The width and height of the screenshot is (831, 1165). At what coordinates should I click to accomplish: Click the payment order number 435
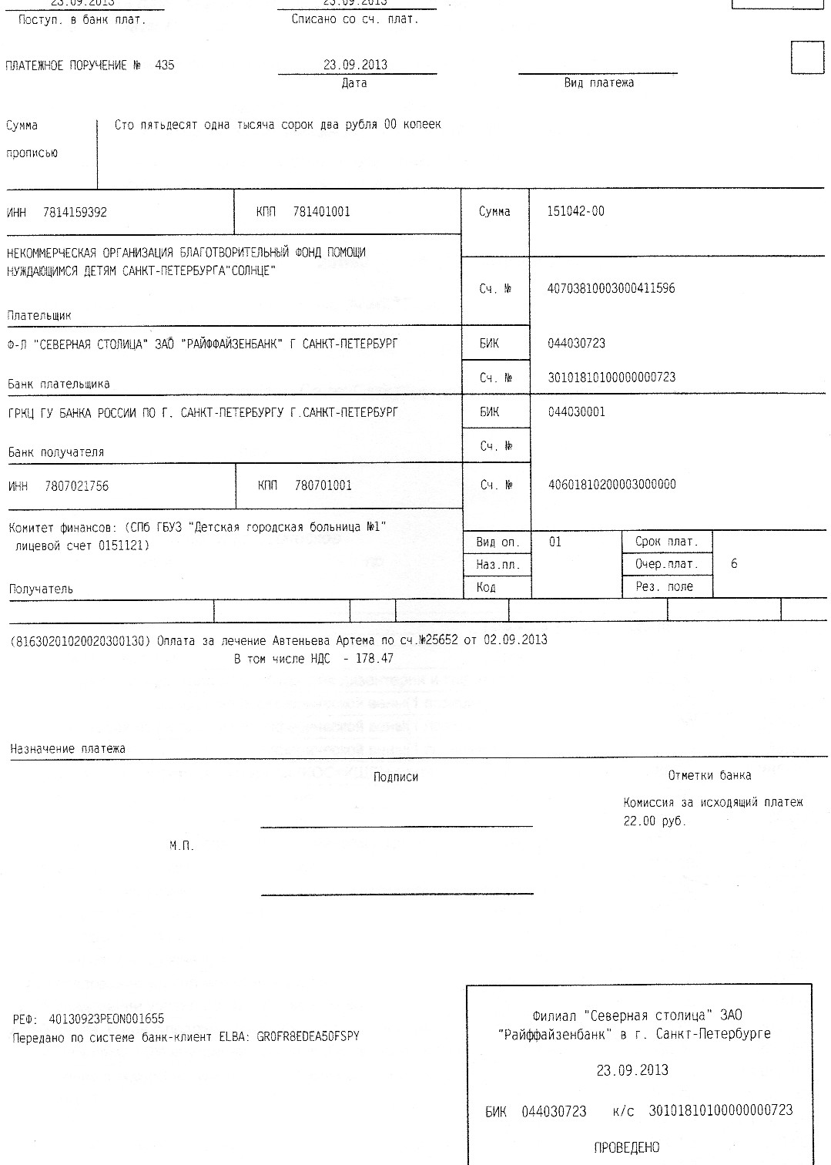click(165, 65)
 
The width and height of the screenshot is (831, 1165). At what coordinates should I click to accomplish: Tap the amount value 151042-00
click(575, 211)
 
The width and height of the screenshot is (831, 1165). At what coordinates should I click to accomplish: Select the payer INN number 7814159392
click(75, 212)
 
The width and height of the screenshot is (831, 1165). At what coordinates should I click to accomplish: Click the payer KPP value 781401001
click(321, 212)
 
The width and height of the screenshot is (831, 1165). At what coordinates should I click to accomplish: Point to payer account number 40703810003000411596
click(611, 289)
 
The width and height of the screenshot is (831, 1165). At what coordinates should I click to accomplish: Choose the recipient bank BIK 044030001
click(576, 412)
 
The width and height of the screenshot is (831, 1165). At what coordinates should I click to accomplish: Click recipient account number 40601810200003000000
click(612, 485)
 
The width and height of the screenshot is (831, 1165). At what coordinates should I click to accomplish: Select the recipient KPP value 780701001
click(323, 485)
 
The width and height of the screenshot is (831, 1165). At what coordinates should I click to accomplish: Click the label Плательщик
click(39, 315)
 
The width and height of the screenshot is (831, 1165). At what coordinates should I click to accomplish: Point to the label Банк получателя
click(55, 452)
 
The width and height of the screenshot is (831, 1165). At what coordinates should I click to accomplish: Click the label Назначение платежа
click(68, 749)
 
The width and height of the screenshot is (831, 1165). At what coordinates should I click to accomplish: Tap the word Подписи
click(396, 777)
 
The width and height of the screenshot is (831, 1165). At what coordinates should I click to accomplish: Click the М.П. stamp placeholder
click(182, 846)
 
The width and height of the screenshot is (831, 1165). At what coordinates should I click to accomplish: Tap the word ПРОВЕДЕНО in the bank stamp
click(627, 1148)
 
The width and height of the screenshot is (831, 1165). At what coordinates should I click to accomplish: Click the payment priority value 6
click(734, 564)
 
